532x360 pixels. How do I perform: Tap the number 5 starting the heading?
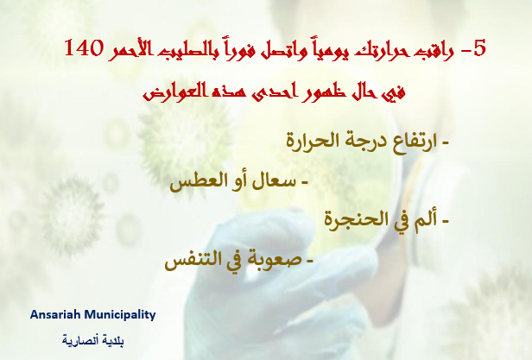click(480, 47)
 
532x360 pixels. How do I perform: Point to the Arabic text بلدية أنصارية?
click(93, 340)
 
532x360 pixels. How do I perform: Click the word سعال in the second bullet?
click(275, 181)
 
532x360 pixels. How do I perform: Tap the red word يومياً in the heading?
click(326, 50)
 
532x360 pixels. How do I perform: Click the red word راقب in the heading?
click(437, 52)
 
